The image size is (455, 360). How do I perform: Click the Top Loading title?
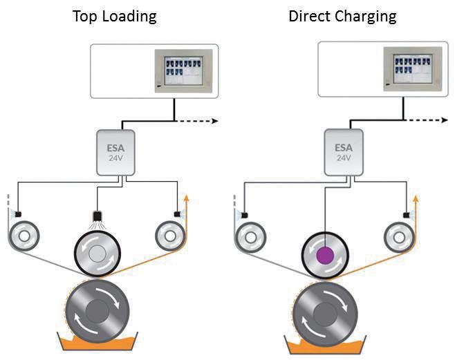point(114,15)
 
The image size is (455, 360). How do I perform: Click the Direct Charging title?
point(342,15)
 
